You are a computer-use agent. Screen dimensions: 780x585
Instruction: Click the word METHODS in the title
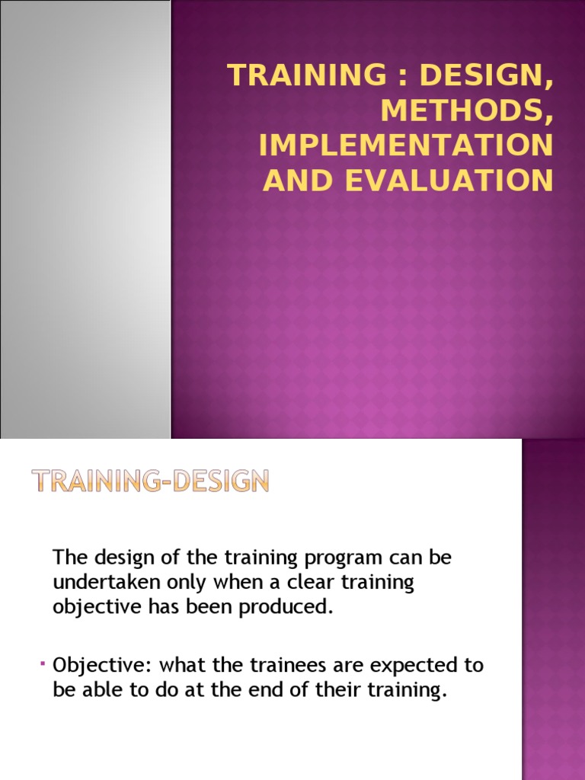coord(466,110)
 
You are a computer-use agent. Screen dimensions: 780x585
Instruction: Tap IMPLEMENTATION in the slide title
coord(405,145)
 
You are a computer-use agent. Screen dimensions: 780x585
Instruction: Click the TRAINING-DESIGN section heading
coord(150,481)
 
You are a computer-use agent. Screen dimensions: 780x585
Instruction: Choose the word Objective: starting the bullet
coord(99,665)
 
